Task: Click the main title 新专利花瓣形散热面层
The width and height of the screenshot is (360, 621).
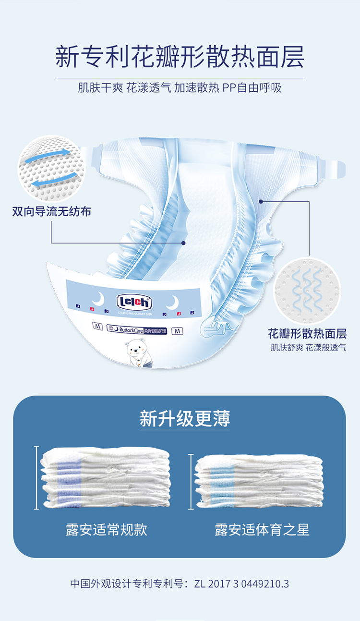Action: (180, 57)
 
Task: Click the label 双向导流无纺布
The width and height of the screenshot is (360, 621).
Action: (52, 212)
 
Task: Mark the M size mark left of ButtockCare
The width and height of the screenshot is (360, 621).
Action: (97, 327)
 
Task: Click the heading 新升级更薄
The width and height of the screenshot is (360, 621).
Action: (185, 418)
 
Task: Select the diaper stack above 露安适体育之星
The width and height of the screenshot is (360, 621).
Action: (259, 481)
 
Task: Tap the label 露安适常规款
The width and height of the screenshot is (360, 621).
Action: (107, 530)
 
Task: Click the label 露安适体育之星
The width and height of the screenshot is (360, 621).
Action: (262, 530)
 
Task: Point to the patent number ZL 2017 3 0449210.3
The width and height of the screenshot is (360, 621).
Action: (242, 584)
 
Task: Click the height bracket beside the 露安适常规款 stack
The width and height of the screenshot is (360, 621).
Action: (36, 477)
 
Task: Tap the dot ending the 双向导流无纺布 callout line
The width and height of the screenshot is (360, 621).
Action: (183, 243)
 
